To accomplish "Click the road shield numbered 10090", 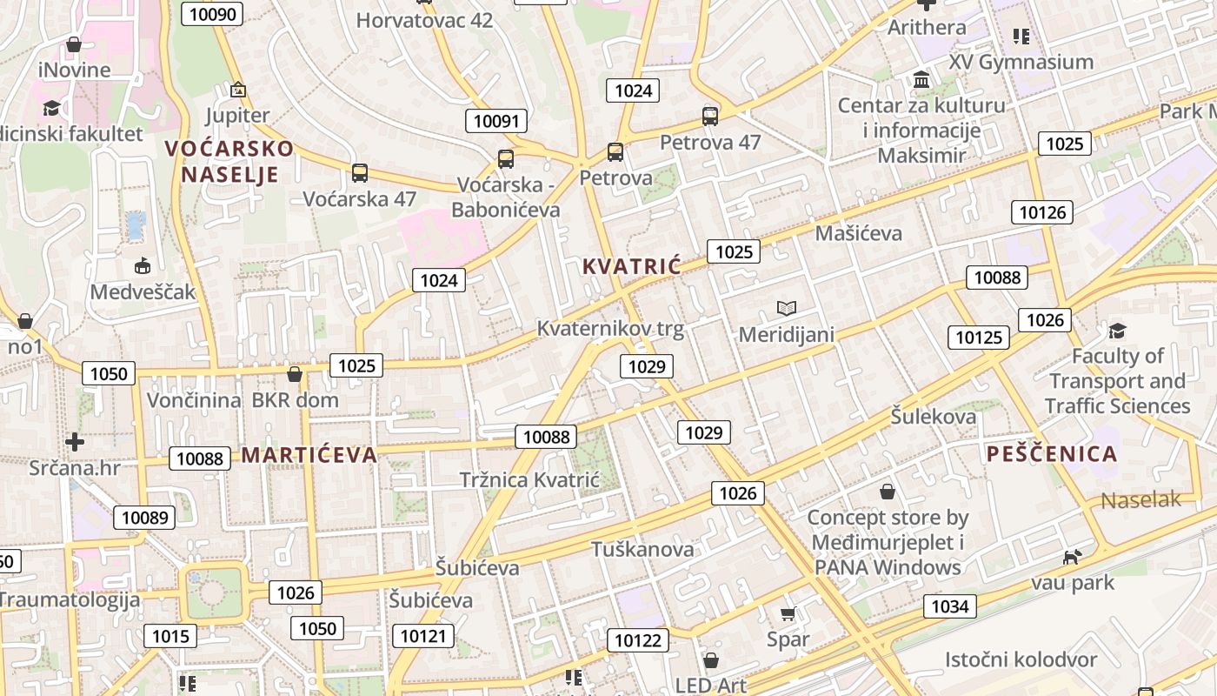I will (x=211, y=13).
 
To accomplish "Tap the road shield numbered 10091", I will (x=497, y=120).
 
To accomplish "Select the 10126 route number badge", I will (x=1041, y=211).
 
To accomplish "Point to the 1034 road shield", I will (x=949, y=606).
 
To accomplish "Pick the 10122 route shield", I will (x=637, y=641).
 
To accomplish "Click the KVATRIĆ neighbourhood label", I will (x=632, y=266).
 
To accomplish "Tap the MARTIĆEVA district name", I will (x=309, y=454).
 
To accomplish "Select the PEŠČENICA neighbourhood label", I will (x=1052, y=453).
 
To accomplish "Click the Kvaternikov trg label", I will (x=610, y=329).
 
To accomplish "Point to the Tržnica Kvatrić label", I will (x=529, y=479).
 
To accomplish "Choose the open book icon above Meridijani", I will (x=787, y=308).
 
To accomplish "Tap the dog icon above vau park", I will (x=1073, y=556).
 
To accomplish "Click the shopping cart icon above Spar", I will (x=788, y=614).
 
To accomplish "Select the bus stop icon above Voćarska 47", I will (x=359, y=172).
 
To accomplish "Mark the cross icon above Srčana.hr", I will (x=75, y=441).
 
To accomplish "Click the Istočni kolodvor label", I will (x=1021, y=659).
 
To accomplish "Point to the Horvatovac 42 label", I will (x=424, y=20).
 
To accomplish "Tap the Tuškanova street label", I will (x=642, y=549).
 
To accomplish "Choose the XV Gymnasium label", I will (x=1021, y=62).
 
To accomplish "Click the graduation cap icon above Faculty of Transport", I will (x=1117, y=331).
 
